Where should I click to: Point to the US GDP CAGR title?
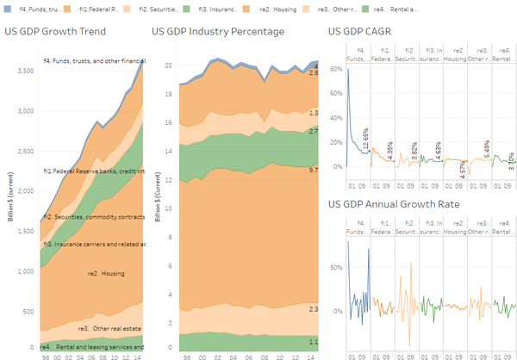(x=363, y=33)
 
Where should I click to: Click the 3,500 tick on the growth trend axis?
(x=25, y=69)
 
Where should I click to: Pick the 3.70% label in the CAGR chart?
(x=511, y=160)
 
